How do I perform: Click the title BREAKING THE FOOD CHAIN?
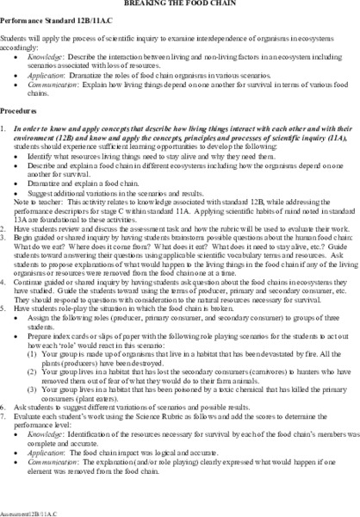pyautogui.click(x=180, y=3)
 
